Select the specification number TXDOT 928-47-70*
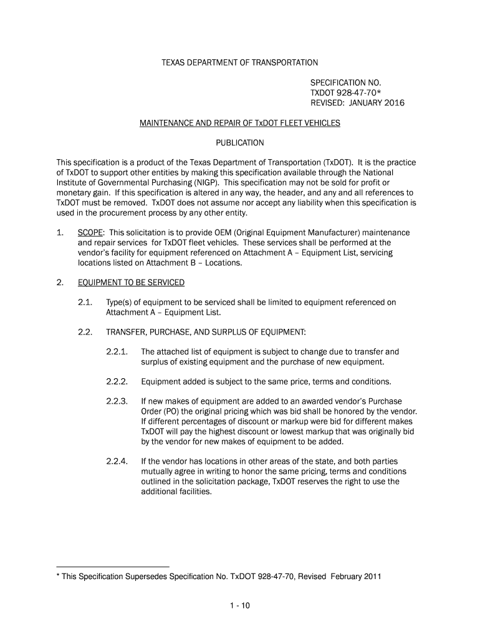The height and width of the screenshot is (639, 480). [x=347, y=92]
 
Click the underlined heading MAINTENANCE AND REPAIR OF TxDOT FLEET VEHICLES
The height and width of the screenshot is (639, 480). [x=240, y=123]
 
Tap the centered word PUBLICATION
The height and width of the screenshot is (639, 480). [x=240, y=143]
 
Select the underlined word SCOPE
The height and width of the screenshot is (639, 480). [x=91, y=232]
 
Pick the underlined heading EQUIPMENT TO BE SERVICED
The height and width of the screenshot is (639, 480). [x=131, y=283]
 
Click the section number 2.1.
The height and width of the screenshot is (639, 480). [x=85, y=303]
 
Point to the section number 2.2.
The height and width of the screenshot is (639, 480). [x=85, y=331]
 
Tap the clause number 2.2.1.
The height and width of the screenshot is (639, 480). [x=117, y=351]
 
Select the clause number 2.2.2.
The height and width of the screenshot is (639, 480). [x=117, y=381]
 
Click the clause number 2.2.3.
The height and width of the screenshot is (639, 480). [x=117, y=401]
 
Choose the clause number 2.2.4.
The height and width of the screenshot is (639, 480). [x=117, y=461]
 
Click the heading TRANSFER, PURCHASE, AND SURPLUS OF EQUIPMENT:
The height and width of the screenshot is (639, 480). [x=206, y=331]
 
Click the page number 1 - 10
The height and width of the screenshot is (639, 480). [x=240, y=605]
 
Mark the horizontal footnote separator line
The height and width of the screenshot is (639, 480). [x=113, y=566]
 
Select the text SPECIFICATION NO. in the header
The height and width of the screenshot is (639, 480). [x=345, y=82]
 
